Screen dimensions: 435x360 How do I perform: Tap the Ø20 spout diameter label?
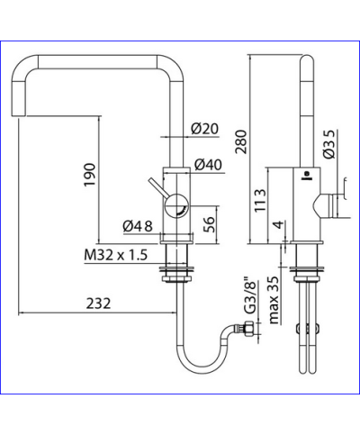coord(205,128)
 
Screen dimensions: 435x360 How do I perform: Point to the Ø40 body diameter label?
coord(206,165)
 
